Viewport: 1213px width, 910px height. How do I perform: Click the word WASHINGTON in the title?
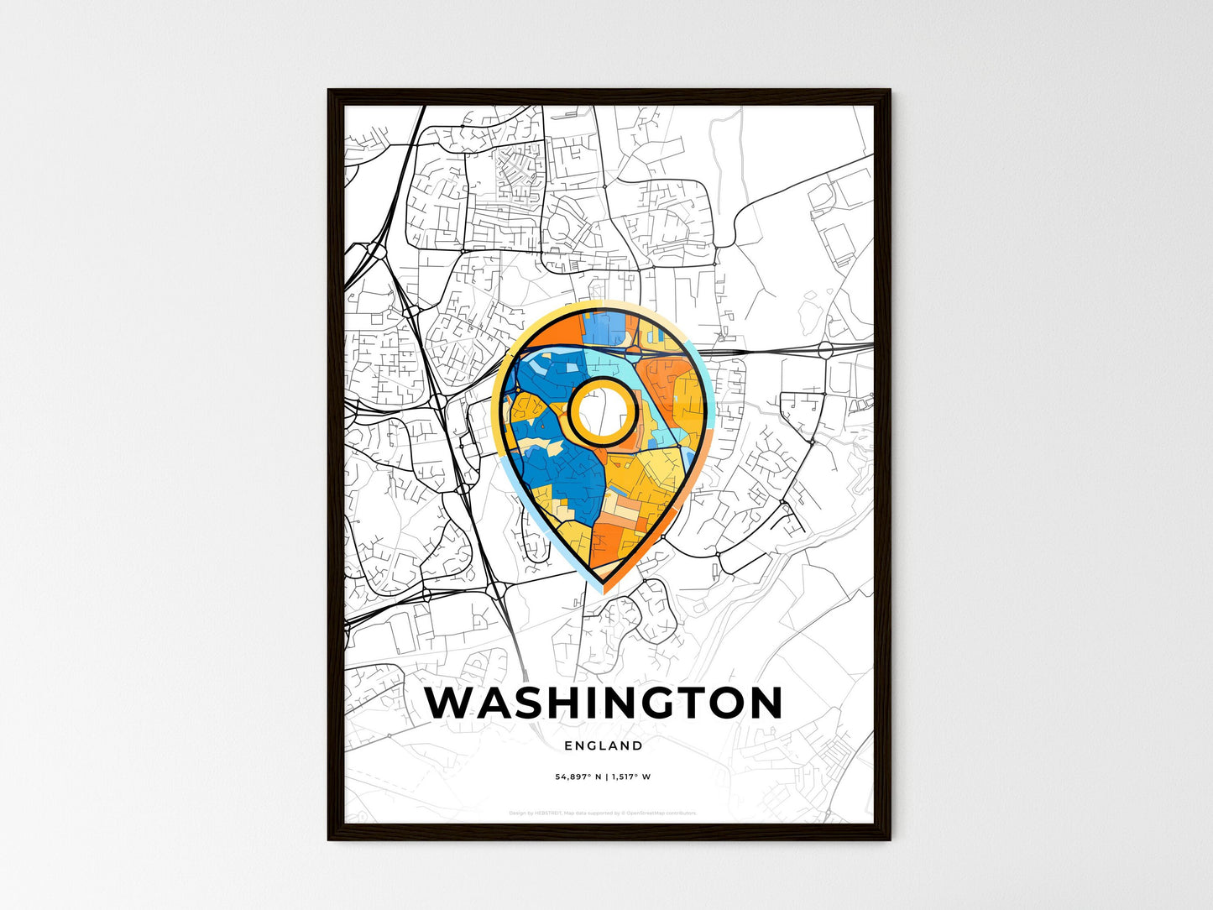pyautogui.click(x=604, y=703)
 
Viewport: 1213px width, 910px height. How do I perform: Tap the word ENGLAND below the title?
pyautogui.click(x=604, y=745)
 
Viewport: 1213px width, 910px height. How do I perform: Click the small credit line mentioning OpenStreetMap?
pyautogui.click(x=604, y=813)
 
